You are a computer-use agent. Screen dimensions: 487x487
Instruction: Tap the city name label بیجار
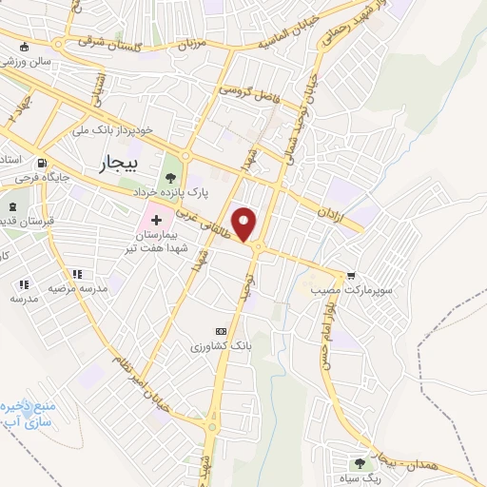[118, 165]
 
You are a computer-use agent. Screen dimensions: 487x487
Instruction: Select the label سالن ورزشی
[23, 61]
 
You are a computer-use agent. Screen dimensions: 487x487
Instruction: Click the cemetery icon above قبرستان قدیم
[12, 207]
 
